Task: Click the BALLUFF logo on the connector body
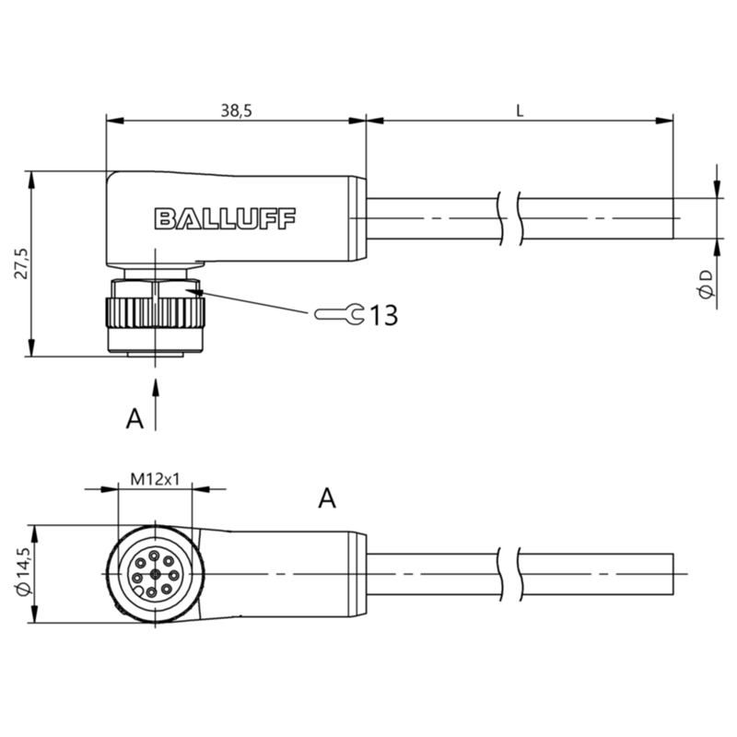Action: point(225,219)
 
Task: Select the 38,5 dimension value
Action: point(237,111)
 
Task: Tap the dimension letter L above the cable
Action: point(520,111)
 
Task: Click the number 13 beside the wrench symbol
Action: point(384,315)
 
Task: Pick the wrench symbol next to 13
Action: point(339,313)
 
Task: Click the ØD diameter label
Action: point(706,285)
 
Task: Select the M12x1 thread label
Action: point(155,479)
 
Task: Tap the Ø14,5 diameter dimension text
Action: point(23,572)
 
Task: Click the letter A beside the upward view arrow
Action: point(135,419)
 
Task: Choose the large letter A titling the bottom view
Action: point(327,498)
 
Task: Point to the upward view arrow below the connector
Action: point(156,405)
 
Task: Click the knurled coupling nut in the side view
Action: point(155,312)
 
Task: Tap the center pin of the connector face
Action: point(155,573)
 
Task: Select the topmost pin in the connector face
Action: point(154,556)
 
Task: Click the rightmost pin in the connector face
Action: point(173,575)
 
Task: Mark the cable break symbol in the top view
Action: point(509,218)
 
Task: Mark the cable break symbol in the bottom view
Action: point(509,574)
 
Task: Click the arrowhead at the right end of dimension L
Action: point(664,121)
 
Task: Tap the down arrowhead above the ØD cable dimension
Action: point(717,190)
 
